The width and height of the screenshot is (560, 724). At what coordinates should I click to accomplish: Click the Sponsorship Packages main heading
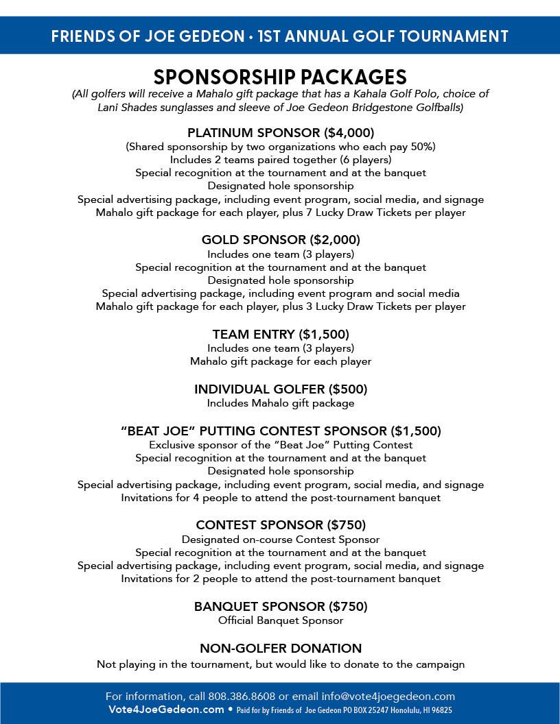(280, 76)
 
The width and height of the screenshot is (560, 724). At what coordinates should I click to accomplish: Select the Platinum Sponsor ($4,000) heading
(280, 132)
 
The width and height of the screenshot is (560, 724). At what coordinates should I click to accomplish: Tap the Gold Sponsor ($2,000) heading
(280, 239)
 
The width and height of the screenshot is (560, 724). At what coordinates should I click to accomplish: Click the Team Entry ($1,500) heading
(280, 334)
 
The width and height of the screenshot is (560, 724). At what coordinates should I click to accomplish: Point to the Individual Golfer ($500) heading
(280, 389)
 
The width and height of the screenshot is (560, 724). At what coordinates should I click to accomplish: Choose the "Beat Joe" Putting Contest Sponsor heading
(280, 431)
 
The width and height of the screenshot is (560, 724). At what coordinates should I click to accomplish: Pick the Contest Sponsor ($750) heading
(280, 524)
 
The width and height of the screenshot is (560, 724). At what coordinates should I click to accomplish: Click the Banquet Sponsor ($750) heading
(280, 606)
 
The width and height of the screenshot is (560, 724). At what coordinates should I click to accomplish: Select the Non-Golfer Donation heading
(280, 648)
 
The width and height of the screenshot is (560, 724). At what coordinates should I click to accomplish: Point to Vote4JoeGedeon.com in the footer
(166, 710)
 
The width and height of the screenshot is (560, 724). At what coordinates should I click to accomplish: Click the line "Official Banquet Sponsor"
(280, 620)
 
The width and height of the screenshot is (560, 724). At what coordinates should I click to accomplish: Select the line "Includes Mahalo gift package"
(280, 403)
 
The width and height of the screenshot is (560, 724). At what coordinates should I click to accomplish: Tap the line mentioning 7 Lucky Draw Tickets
(280, 213)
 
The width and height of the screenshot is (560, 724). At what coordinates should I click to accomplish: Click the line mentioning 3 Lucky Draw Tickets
(280, 306)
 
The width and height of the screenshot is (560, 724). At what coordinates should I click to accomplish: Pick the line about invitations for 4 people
(280, 498)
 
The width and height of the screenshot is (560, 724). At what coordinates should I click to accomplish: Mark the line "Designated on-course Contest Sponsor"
(280, 540)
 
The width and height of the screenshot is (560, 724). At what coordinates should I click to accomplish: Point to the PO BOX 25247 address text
(365, 710)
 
